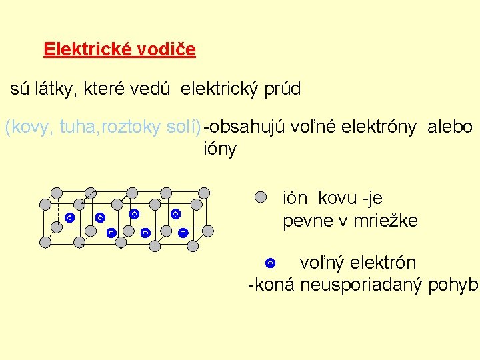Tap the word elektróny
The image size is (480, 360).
pos(378,127)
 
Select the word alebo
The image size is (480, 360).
pos(451,127)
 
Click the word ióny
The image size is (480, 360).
pos(220,149)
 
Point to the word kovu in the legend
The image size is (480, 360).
pos(339,199)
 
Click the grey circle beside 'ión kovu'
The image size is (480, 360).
pos(261,197)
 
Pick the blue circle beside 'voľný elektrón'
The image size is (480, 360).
pos(270,263)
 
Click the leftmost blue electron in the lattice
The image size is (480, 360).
pos(69,218)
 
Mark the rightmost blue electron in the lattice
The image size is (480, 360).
pos(183,233)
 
